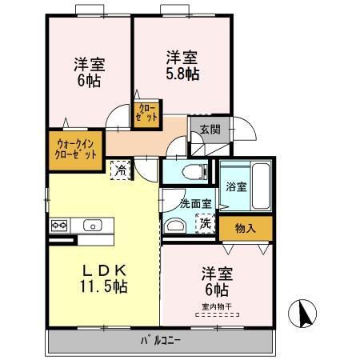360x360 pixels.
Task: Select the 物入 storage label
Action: [x=245, y=228]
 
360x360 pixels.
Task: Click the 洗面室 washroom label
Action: [x=194, y=204]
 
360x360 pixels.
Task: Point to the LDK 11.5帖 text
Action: [x=102, y=277]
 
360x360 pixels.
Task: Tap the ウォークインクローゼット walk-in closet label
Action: [x=77, y=152]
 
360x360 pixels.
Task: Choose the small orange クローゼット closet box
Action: [x=147, y=113]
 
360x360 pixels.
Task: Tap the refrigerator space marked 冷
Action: [x=120, y=170]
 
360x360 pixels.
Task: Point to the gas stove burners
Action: [x=60, y=226]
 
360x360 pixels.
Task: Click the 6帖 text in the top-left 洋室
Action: [x=88, y=79]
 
